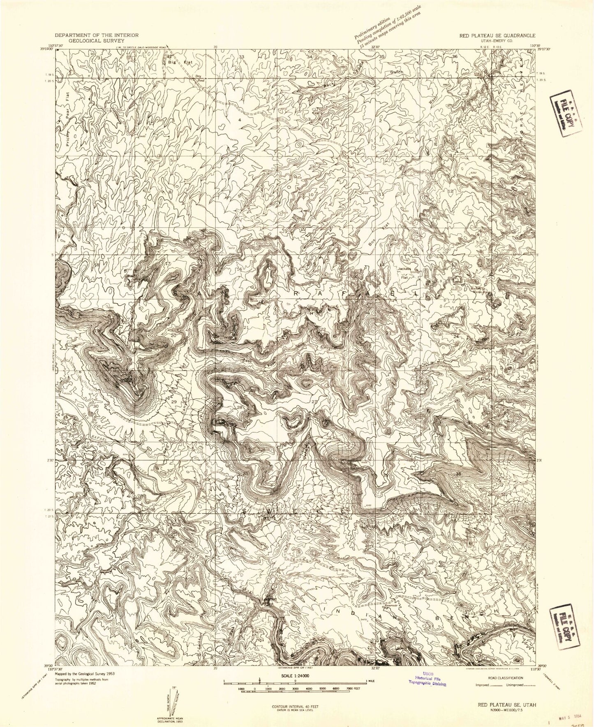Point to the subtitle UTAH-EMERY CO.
coord(497,41)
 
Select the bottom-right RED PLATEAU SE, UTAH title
coord(504,693)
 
